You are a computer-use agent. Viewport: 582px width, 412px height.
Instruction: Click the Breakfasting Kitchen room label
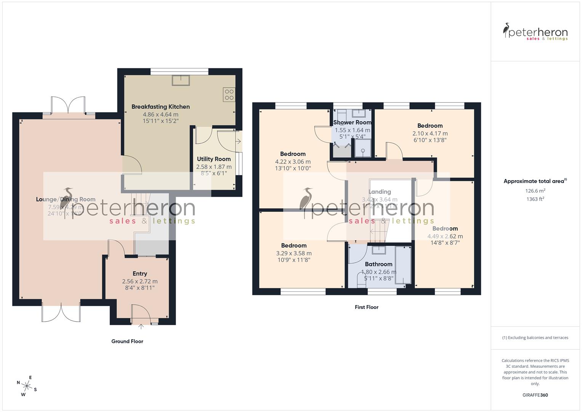pos(160,107)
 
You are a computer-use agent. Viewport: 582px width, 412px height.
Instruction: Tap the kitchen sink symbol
pos(181,80)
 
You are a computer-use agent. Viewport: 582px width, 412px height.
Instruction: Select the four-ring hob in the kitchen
pos(229,94)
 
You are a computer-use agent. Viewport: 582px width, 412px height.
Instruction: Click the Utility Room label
pos(213,159)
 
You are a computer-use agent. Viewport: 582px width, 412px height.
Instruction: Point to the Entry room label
pos(139,274)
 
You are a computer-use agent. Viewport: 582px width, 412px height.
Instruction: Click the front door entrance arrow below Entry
pos(141,326)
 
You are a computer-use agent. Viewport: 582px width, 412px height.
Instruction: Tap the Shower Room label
pos(352,122)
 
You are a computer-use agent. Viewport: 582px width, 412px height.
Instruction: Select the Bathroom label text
pos(378,264)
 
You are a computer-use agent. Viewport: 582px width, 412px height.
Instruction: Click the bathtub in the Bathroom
pos(403,265)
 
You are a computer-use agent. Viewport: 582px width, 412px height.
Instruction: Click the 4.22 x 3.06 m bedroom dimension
pos(293,162)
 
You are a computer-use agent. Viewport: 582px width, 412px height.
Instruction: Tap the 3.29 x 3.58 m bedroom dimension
pos(293,253)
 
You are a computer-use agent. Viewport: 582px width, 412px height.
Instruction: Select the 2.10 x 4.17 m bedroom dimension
pos(430,134)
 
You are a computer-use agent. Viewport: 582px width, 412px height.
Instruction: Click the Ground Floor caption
pos(127,341)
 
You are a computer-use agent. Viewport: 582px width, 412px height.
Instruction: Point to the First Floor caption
pos(366,307)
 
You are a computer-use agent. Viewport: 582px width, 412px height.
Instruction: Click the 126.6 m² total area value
pos(535,191)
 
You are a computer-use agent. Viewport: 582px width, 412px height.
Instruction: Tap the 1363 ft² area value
pos(535,199)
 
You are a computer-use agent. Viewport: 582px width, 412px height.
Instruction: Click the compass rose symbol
pos(26,385)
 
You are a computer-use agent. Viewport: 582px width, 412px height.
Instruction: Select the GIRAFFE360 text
pos(535,395)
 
